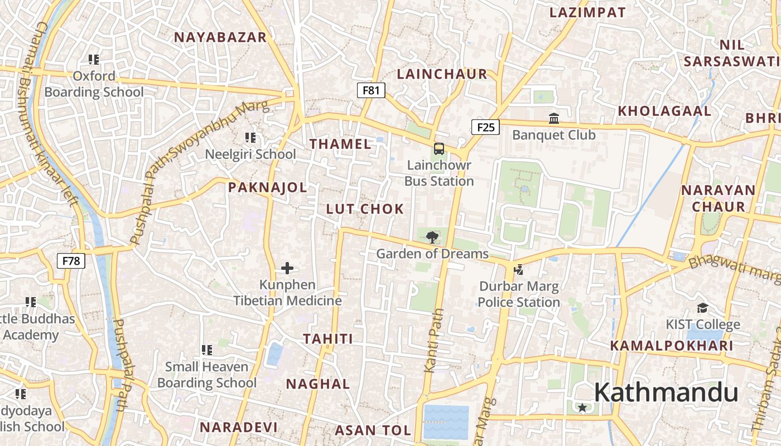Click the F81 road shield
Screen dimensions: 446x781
(371, 90)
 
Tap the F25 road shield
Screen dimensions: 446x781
(485, 127)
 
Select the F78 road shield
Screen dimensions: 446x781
(71, 260)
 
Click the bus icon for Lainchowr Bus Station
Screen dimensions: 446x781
(439, 149)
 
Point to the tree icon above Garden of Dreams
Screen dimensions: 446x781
(432, 237)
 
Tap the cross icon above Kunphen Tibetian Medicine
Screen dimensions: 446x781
(287, 268)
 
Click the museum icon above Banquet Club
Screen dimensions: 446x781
(554, 118)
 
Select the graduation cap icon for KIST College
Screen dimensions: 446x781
(702, 308)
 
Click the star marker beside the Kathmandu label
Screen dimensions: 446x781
(582, 408)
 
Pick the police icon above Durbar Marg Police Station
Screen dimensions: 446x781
(519, 270)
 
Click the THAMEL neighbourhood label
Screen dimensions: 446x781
(340, 144)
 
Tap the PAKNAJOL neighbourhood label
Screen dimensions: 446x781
(267, 187)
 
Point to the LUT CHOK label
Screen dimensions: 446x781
(365, 209)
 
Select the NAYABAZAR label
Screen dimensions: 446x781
(220, 37)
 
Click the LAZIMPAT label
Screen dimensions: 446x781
(587, 12)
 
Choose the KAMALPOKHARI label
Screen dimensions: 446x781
(672, 346)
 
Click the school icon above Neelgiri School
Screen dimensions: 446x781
(250, 137)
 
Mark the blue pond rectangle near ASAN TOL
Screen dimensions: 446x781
(446, 422)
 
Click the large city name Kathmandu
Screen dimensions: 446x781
(666, 392)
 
